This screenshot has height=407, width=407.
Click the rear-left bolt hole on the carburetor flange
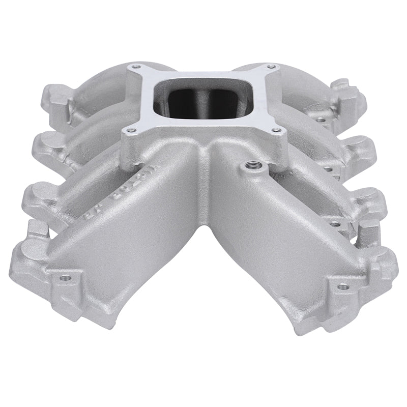click(135, 66)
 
